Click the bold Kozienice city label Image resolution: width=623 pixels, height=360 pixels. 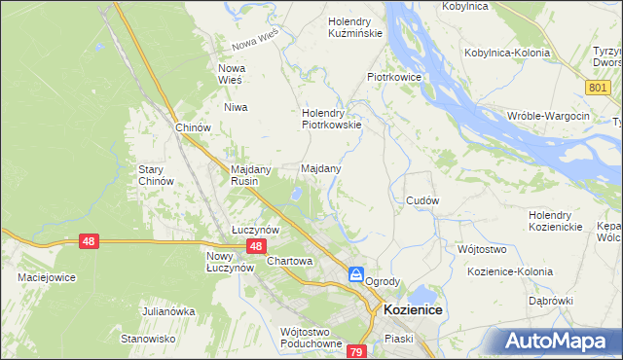click(x=414, y=308)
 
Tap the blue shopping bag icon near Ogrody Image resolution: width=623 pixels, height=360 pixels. click(x=356, y=275)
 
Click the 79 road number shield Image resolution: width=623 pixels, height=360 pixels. click(x=356, y=350)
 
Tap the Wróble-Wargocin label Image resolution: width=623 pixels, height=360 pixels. click(x=548, y=116)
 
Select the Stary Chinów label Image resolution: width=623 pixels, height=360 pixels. click(x=156, y=174)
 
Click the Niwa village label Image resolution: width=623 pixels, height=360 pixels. click(x=236, y=107)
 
